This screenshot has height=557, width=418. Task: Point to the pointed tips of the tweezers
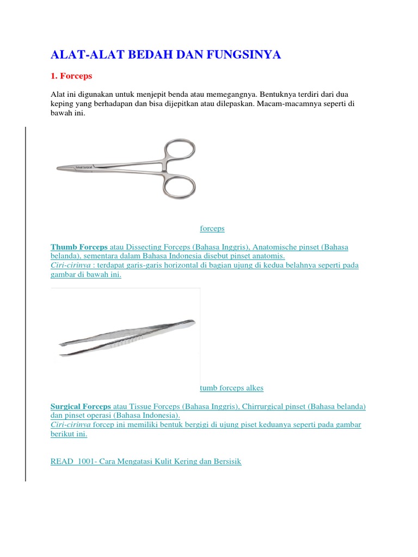(61, 348)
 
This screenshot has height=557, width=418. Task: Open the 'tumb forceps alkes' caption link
(231, 388)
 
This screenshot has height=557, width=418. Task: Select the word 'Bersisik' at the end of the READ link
(225, 461)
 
